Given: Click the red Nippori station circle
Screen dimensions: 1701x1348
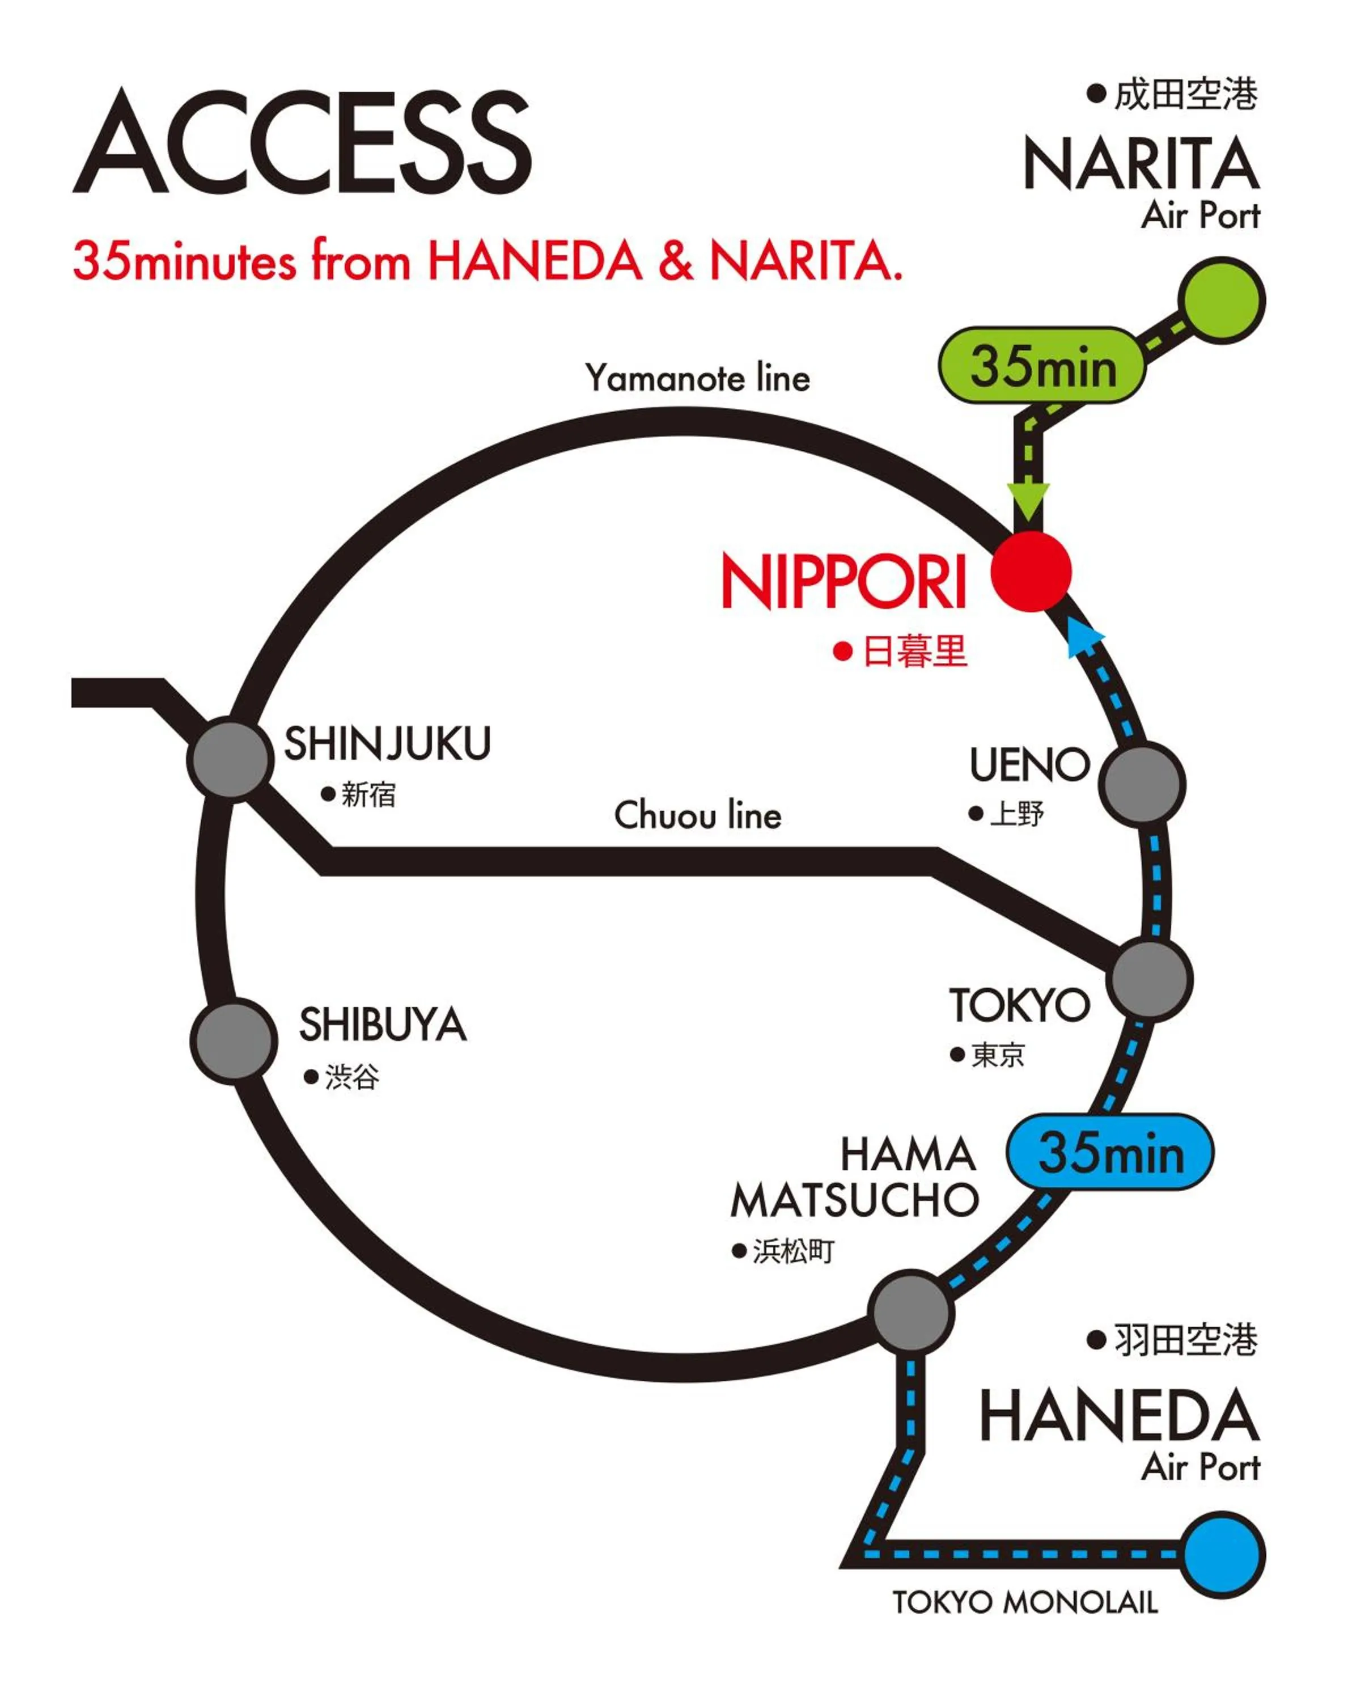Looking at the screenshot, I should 1030,571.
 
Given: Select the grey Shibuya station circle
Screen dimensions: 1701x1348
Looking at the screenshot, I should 234,1039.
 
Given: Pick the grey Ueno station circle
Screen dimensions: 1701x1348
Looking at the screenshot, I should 1141,784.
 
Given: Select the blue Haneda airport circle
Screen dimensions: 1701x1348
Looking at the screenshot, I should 1223,1554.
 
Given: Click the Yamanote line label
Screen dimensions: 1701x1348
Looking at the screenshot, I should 697,378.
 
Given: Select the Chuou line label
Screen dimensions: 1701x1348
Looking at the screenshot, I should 697,815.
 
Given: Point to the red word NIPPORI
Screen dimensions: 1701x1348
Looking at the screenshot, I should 843,582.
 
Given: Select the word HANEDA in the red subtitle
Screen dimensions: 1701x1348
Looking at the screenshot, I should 535,261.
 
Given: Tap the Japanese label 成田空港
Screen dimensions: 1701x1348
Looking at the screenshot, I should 1184,95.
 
